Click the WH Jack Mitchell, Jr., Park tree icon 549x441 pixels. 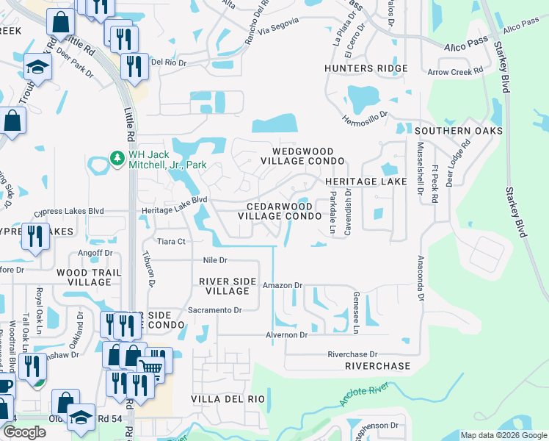[x=116, y=158]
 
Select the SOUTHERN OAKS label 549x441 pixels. [x=458, y=131]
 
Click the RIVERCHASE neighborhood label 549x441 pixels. [x=377, y=365]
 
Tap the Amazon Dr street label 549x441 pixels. [x=283, y=285]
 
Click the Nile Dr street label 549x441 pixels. [x=215, y=260]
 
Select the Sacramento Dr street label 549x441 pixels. [x=215, y=310]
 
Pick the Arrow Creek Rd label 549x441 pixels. [x=455, y=71]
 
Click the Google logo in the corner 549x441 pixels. [x=24, y=433]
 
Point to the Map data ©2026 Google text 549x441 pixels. [x=503, y=435]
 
